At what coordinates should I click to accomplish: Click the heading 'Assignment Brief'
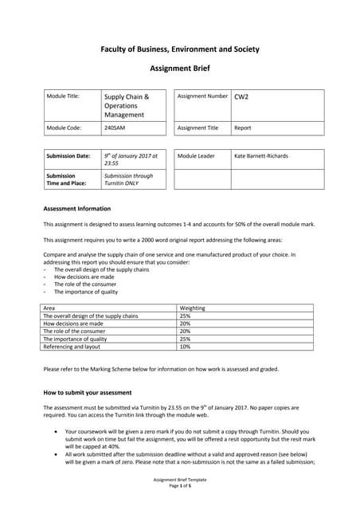[x=179, y=69]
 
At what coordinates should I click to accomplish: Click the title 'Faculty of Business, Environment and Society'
[x=179, y=49]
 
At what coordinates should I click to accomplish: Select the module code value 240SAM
[x=115, y=127]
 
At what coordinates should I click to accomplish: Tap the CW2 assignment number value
[x=241, y=96]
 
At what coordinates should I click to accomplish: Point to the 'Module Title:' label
[x=63, y=96]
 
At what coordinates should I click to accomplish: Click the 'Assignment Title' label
[x=198, y=127]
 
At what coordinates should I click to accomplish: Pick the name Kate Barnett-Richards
[x=261, y=155]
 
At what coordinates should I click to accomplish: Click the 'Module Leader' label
[x=196, y=155]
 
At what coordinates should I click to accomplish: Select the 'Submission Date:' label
[x=68, y=155]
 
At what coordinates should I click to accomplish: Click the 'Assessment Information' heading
[x=76, y=209]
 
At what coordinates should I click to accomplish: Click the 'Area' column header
[x=49, y=307]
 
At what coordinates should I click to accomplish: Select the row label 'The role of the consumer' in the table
[x=77, y=331]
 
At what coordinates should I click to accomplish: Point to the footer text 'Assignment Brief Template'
[x=179, y=481]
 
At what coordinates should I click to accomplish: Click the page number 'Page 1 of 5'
[x=179, y=487]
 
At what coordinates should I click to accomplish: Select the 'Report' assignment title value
[x=242, y=127]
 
